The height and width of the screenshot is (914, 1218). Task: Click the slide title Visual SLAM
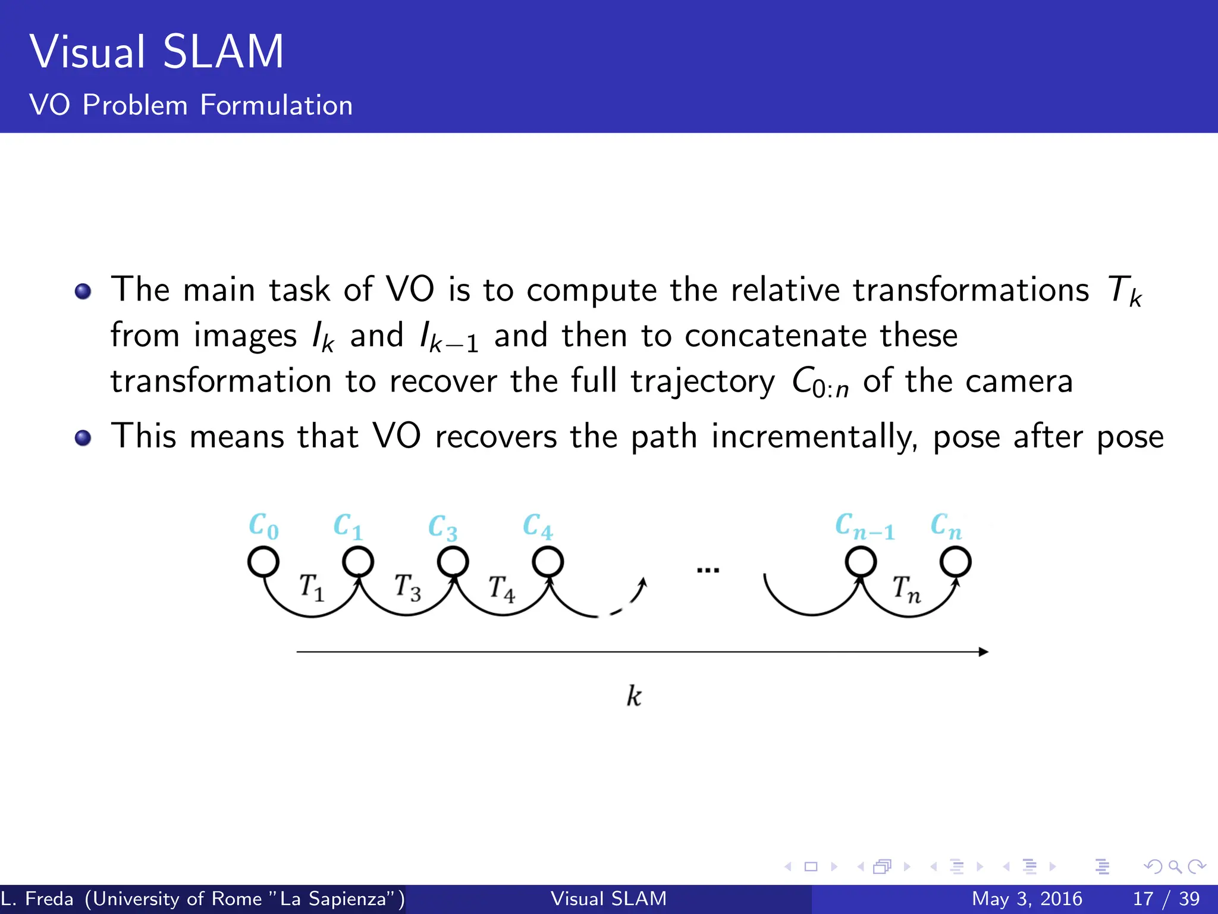[157, 52]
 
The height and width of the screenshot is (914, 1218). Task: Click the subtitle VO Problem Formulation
[191, 105]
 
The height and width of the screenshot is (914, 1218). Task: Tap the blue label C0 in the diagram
[263, 527]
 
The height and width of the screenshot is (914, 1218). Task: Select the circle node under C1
[358, 561]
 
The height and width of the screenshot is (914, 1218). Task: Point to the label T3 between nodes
[408, 587]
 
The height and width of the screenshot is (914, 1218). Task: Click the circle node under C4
[548, 561]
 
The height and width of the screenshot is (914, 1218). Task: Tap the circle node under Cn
[956, 561]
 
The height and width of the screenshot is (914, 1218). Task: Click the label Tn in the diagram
[906, 589]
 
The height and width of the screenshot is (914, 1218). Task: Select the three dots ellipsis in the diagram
[708, 571]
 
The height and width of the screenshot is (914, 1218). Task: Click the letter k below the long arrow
[634, 696]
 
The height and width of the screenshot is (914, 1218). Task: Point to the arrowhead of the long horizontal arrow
[984, 652]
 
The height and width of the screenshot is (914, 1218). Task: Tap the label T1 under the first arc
[312, 587]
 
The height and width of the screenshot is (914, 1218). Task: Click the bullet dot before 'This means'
[83, 439]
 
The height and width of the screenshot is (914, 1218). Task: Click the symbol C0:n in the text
[820, 383]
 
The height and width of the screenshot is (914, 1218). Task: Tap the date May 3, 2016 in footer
[1026, 899]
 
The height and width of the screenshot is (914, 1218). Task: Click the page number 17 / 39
[1166, 899]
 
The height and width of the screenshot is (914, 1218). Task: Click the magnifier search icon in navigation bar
[1175, 866]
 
